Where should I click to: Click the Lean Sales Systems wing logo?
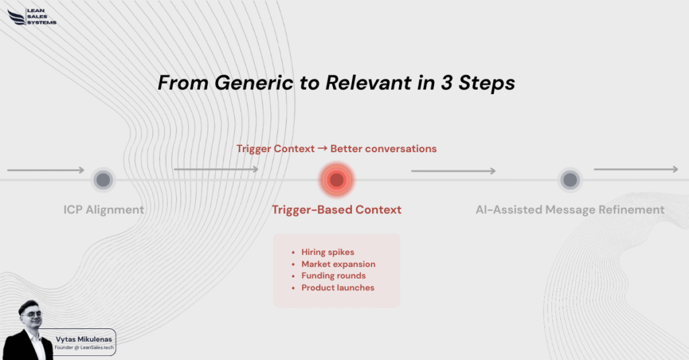tap(16, 17)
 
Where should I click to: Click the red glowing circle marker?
tap(337, 180)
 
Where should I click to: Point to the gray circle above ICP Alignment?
tap(103, 180)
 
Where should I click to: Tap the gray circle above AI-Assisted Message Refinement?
tap(570, 180)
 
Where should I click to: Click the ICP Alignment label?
tap(104, 209)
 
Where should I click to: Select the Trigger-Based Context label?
tap(336, 209)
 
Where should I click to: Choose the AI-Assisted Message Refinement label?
tap(570, 209)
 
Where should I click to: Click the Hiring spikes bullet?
tap(328, 252)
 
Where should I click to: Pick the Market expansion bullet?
tap(338, 264)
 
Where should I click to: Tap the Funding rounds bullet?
tap(334, 276)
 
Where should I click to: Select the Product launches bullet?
tap(338, 288)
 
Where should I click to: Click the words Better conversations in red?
tap(384, 149)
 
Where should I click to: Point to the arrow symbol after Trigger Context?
tap(322, 149)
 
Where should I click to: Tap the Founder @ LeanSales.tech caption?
tap(84, 348)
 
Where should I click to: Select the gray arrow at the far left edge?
tap(46, 170)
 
